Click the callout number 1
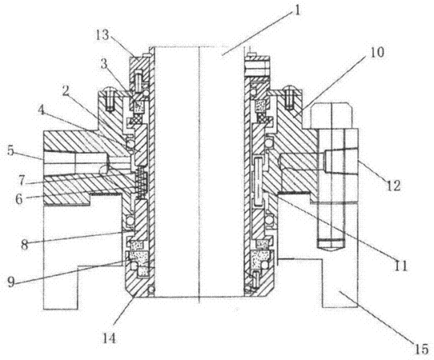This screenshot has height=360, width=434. click(x=297, y=10)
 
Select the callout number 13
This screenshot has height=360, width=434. click(x=102, y=35)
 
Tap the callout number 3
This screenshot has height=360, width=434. click(x=103, y=64)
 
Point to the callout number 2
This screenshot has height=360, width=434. click(x=66, y=91)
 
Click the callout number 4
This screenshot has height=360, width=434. click(x=42, y=110)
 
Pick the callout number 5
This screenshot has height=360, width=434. click(x=10, y=151)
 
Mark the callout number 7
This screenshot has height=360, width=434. click(x=22, y=180)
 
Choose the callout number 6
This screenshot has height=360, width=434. click(x=18, y=199)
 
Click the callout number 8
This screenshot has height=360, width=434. click(x=25, y=245)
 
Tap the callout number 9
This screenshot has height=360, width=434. click(x=10, y=282)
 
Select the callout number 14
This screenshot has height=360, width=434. click(x=109, y=338)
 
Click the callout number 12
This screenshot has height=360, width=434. click(x=394, y=186)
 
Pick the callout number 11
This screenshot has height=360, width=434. click(x=400, y=266)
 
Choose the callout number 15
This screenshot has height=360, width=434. click(x=421, y=350)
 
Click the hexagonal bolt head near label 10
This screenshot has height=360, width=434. click(x=332, y=115)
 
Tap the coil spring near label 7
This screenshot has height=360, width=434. click(x=142, y=181)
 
